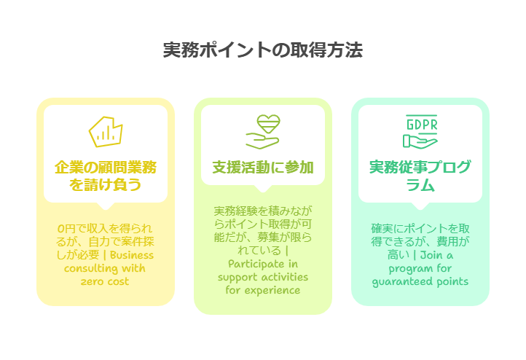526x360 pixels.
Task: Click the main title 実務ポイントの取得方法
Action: pos(262,51)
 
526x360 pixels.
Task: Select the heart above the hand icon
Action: pos(263,121)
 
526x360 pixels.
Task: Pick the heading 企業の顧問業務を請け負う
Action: pos(105,176)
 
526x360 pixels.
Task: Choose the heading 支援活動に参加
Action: pos(263,168)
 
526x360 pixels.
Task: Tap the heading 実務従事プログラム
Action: pos(420,176)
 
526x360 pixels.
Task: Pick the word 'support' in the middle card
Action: pos(238,277)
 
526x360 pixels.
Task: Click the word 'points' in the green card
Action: pos(452,281)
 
